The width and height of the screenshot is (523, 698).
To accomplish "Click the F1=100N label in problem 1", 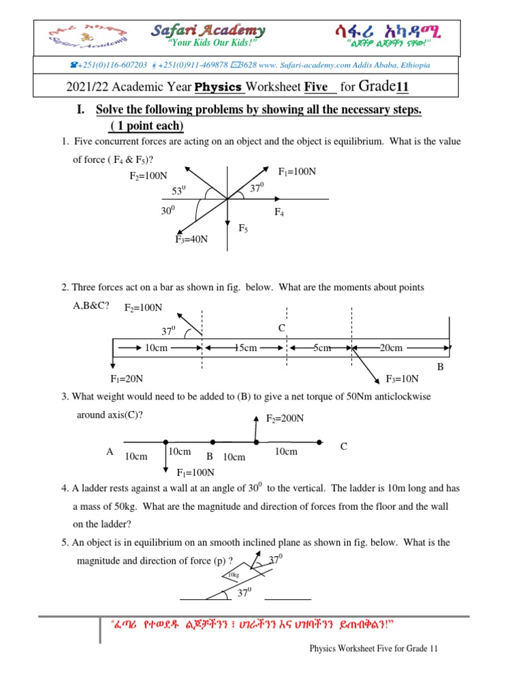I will coord(298,171).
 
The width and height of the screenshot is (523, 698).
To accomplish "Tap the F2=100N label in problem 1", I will coord(148,176).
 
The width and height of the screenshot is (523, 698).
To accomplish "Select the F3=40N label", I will coord(191,239).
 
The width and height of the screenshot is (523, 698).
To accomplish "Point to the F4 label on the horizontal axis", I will coord(279,213).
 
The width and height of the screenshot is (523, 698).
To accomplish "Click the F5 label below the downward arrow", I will coord(243,228).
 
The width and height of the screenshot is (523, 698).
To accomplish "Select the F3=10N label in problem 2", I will coord(402,379).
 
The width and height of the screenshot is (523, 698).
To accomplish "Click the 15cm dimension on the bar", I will coord(245,348).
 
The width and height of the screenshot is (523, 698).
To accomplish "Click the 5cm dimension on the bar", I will coord(321,348).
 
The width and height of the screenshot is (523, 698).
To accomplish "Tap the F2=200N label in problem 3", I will coord(284,419).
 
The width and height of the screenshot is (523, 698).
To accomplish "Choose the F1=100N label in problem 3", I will coord(195,472).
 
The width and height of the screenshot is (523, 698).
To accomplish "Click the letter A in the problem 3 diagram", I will coord(109,451).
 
